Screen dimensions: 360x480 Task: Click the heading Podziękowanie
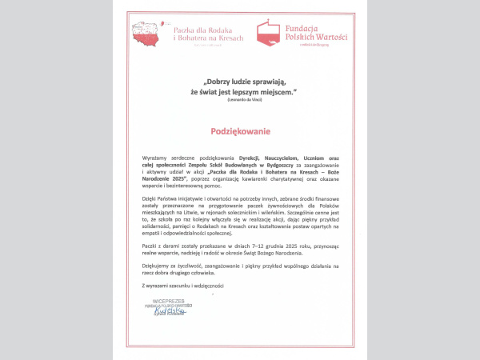pyautogui.click(x=241, y=130)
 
